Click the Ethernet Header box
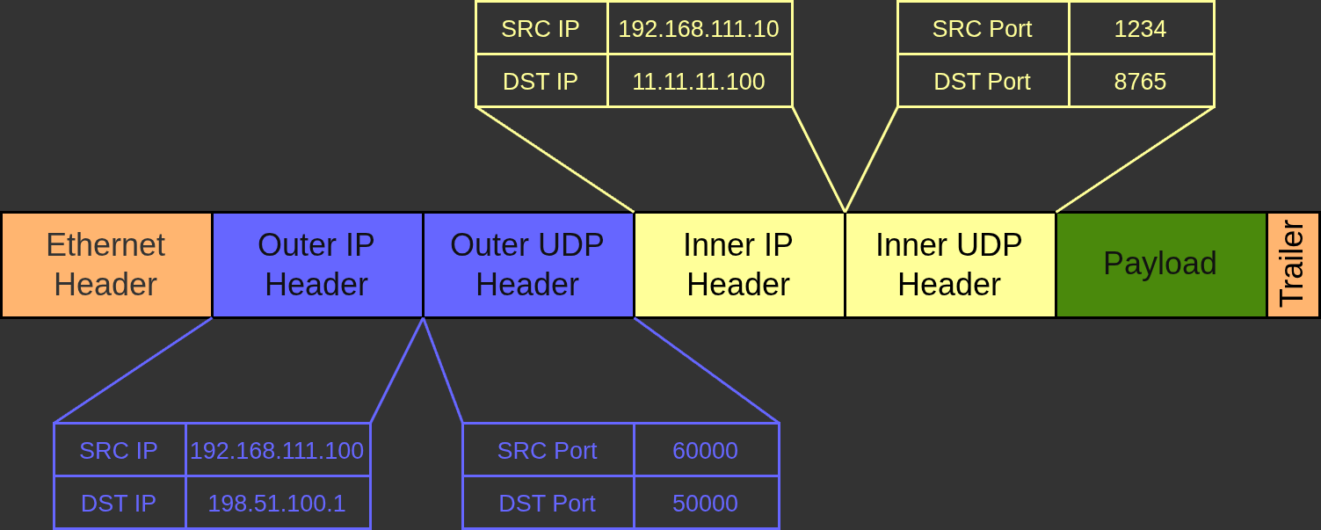(105, 265)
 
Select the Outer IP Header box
(316, 265)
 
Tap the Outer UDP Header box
(527, 265)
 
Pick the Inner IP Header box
(738, 265)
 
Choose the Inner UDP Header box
(949, 265)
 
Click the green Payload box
(1160, 265)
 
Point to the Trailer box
(1293, 265)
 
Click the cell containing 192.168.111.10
(699, 29)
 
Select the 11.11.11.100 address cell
(699, 82)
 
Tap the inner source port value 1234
(1140, 29)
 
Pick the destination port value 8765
(1140, 82)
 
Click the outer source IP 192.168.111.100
(277, 451)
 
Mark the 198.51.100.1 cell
(277, 504)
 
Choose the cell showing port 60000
(705, 451)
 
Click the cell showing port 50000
(705, 504)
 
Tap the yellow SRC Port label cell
(982, 29)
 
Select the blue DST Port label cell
(547, 504)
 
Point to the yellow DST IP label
(541, 82)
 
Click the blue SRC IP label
(119, 451)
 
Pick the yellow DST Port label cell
(982, 82)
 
